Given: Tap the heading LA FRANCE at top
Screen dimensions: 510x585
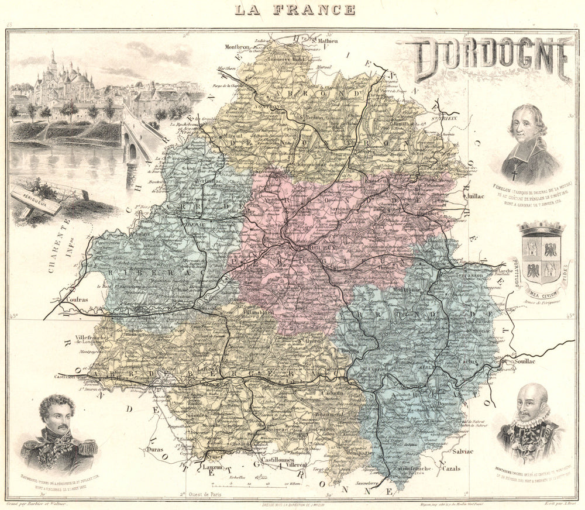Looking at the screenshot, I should (295, 9).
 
